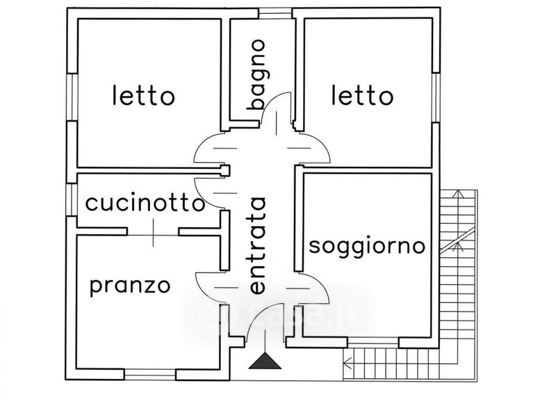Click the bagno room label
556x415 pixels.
tap(258, 74)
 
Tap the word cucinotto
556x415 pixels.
tap(145, 203)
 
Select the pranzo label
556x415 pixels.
tap(130, 286)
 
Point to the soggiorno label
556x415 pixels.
tap(367, 246)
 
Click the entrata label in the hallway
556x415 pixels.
tap(257, 245)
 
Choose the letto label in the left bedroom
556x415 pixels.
tap(144, 95)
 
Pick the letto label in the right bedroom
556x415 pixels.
tap(362, 95)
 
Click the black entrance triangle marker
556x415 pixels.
tap(265, 361)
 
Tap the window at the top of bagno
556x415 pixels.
tap(275, 13)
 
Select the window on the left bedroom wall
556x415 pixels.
tap(72, 97)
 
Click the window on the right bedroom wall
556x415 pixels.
tap(436, 97)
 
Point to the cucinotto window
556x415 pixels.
tap(72, 200)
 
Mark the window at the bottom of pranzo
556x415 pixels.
tap(150, 375)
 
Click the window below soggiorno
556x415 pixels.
tap(373, 343)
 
